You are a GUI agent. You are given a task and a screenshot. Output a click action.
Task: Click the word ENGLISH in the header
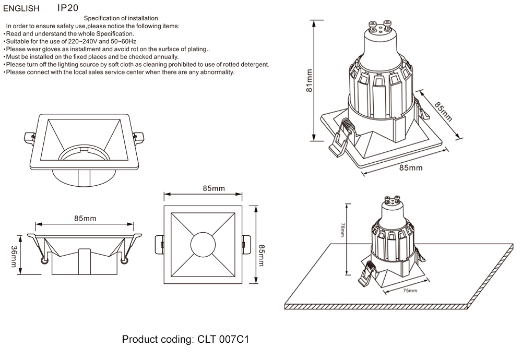click(x=21, y=8)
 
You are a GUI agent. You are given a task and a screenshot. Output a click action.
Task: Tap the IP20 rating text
click(x=68, y=8)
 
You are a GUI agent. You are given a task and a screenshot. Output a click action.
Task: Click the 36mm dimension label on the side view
click(x=14, y=256)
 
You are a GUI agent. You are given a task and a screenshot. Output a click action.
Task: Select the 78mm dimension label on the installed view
click(x=342, y=230)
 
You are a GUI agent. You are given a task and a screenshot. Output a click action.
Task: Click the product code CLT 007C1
click(x=223, y=340)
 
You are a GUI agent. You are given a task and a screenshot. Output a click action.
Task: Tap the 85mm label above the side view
click(x=85, y=218)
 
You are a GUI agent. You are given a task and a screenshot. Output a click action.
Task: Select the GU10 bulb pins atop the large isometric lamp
click(x=379, y=25)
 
